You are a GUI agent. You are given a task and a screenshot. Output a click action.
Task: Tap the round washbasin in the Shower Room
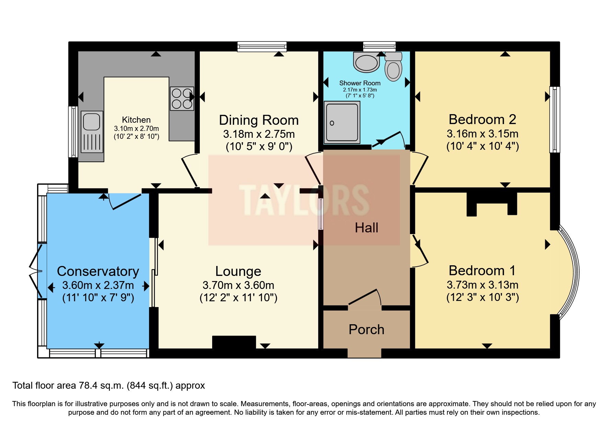(x=366, y=63)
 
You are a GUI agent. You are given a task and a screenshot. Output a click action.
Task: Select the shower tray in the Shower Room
(x=342, y=122)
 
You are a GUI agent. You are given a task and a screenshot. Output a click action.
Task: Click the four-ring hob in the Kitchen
(x=182, y=98)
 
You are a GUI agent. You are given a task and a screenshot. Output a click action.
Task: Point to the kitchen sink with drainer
(x=92, y=132)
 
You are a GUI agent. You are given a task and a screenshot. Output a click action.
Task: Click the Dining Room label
(x=259, y=120)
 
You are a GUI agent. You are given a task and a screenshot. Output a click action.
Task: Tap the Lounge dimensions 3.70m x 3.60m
(x=238, y=285)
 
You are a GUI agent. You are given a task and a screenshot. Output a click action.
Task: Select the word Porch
(x=366, y=329)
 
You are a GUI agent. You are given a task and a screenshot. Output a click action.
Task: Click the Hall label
(x=366, y=228)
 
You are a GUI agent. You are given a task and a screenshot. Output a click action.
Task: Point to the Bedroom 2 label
(x=482, y=120)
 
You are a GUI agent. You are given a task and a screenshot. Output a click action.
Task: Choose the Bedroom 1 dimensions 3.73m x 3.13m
(x=482, y=285)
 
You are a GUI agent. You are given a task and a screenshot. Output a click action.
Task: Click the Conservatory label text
(x=98, y=271)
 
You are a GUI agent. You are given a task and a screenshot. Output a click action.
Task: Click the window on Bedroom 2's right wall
(x=554, y=119)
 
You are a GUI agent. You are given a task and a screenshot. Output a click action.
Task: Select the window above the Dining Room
(x=262, y=46)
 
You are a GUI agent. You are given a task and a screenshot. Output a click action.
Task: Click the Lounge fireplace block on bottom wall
(x=234, y=342)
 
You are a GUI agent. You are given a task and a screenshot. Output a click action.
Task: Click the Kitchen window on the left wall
(x=73, y=132)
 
